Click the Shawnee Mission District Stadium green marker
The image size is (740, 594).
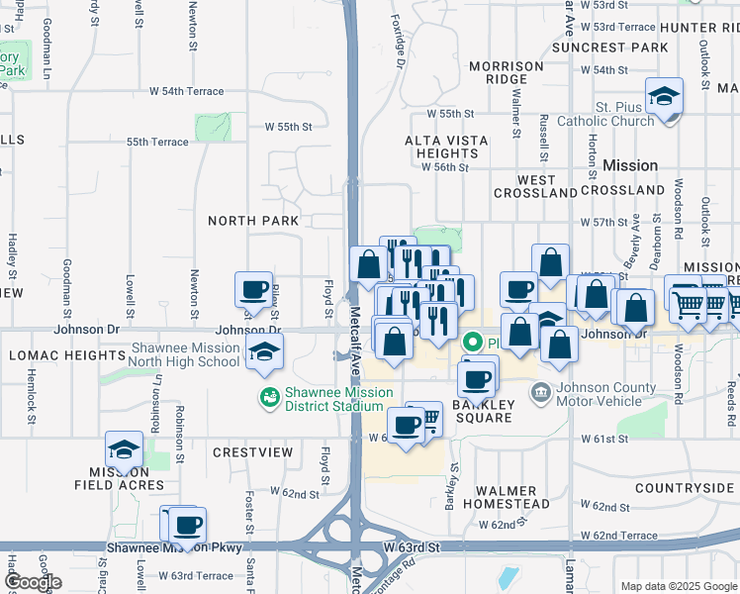click(x=268, y=397)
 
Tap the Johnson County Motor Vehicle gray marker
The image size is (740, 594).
click(x=540, y=394)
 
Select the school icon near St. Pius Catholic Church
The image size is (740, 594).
click(x=664, y=96)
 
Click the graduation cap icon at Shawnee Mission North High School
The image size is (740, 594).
click(x=263, y=352)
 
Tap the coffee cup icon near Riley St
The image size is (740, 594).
click(x=253, y=289)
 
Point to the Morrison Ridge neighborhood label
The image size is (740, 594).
click(x=507, y=72)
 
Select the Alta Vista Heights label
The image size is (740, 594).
click(x=447, y=147)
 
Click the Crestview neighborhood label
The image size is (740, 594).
click(x=253, y=452)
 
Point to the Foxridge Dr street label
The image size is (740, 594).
click(x=398, y=47)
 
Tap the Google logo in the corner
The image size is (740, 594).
click(x=33, y=582)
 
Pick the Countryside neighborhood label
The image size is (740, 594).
click(x=684, y=488)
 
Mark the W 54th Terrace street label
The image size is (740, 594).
click(x=187, y=91)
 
